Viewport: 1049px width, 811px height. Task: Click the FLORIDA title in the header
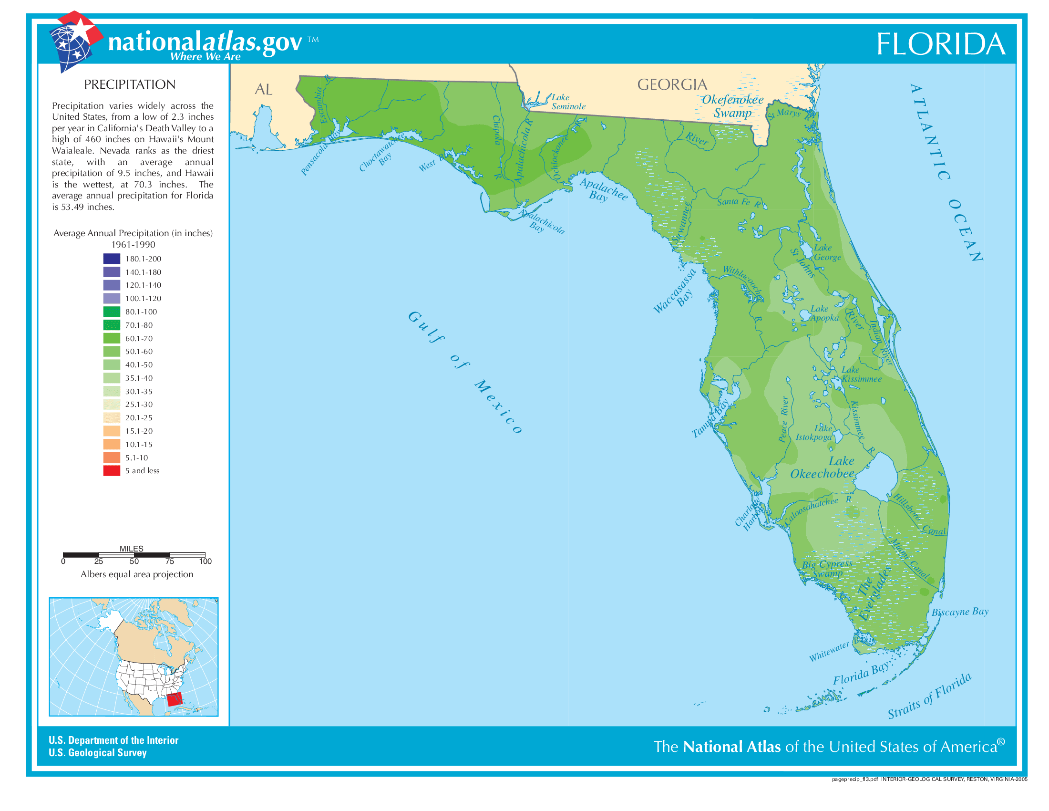(940, 44)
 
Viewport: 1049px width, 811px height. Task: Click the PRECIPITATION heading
(130, 84)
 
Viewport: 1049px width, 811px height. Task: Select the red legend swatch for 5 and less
(112, 471)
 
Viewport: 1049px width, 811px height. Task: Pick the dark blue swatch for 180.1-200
(112, 259)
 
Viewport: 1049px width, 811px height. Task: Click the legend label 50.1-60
(139, 352)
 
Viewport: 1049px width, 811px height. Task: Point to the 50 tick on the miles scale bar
(134, 561)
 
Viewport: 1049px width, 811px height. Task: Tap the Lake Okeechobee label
(823, 468)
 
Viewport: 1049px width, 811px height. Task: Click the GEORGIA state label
(672, 85)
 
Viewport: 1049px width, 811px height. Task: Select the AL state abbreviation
(263, 89)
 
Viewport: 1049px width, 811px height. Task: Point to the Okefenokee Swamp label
(732, 106)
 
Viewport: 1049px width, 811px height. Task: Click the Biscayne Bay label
(960, 612)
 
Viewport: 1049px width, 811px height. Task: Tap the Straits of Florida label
(929, 696)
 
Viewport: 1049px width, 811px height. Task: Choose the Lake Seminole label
(568, 102)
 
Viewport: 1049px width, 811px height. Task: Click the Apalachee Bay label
(602, 190)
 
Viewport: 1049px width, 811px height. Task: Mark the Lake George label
(827, 252)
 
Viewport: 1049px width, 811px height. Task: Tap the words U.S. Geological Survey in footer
(97, 753)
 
